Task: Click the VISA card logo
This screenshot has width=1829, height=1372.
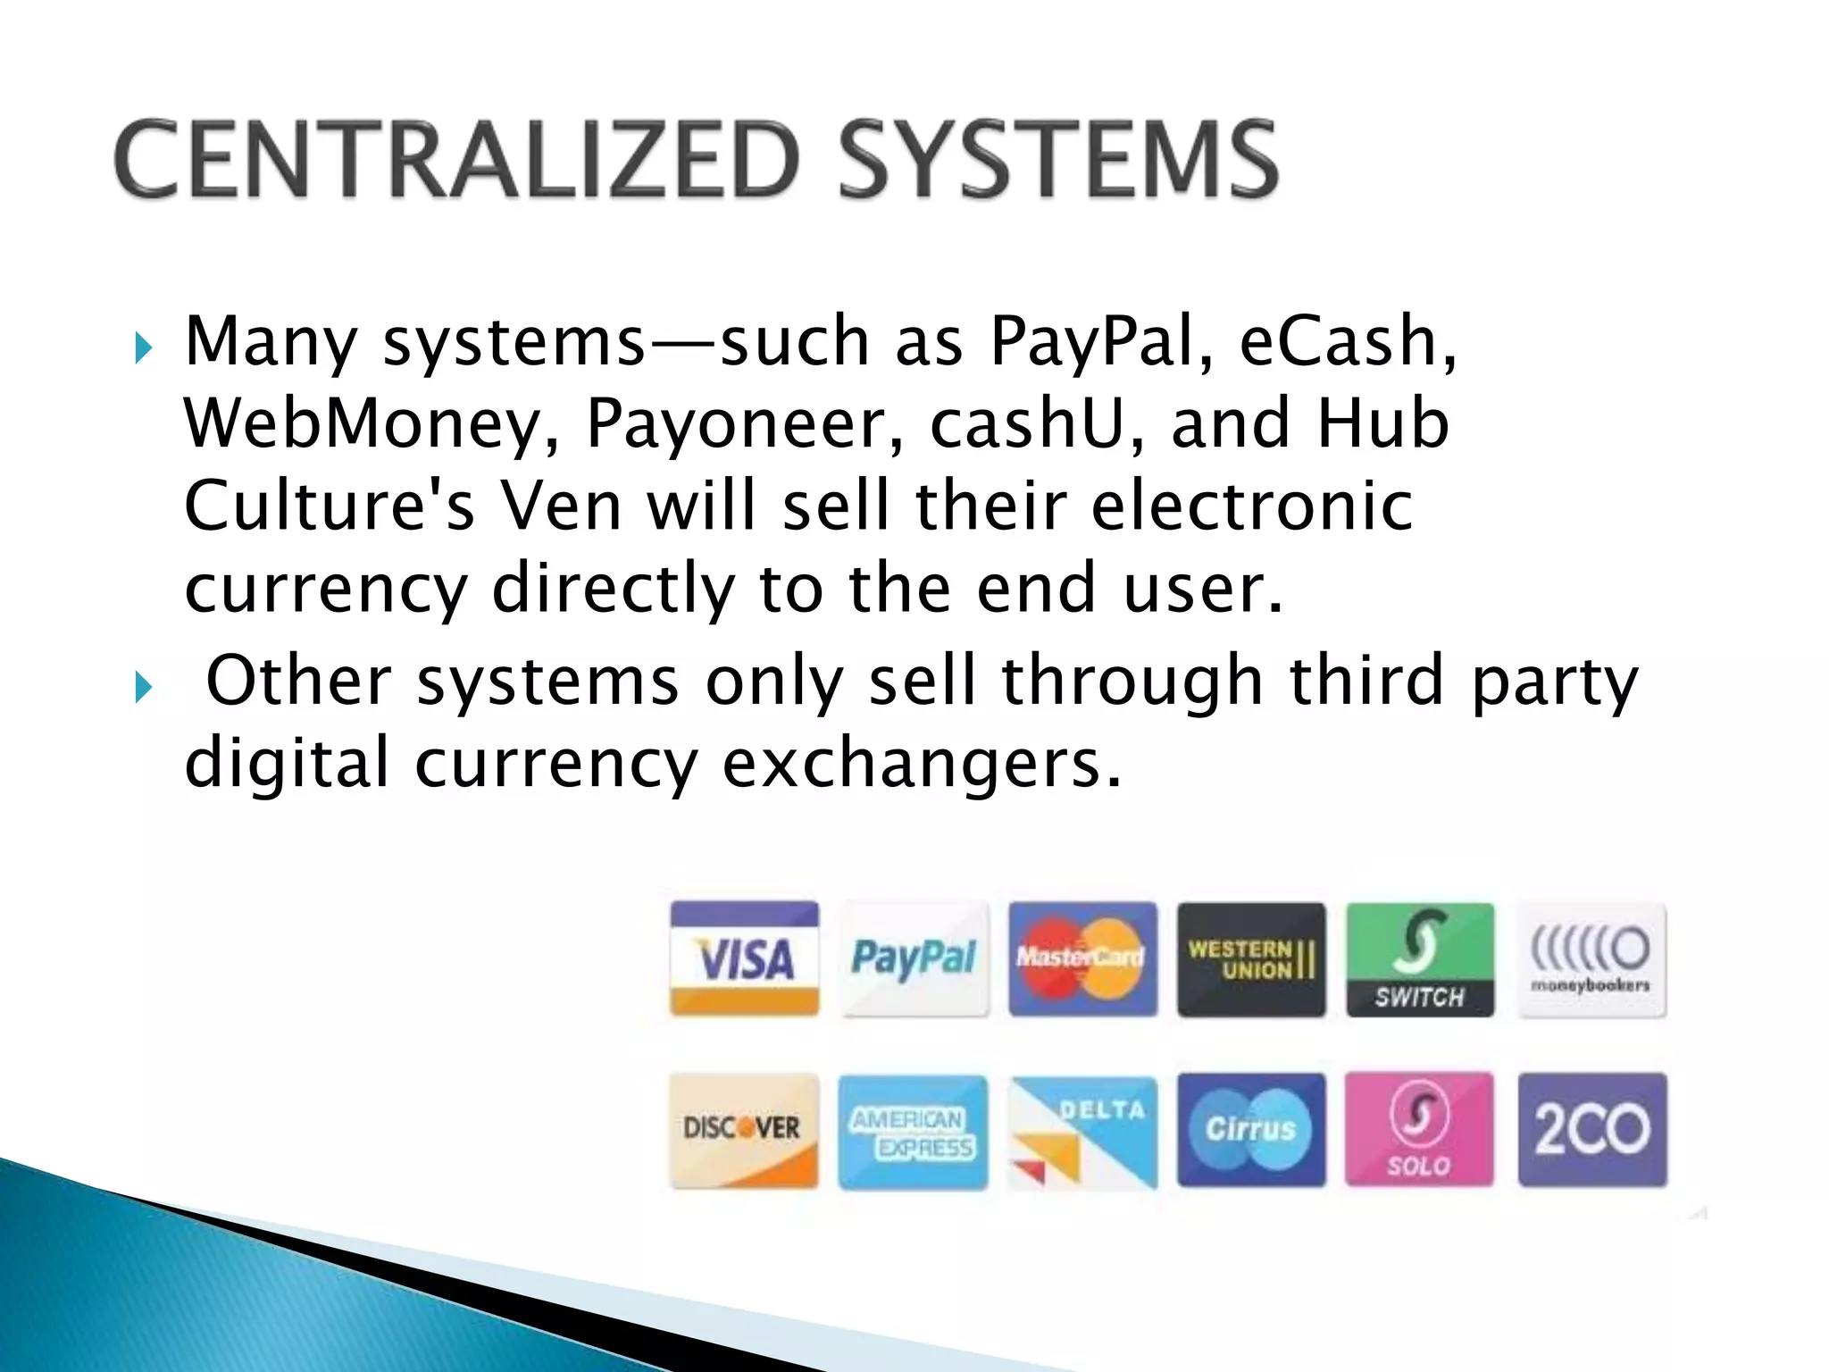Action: point(745,958)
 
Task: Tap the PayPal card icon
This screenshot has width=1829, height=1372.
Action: point(914,958)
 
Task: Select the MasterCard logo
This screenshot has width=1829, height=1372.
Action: point(1082,958)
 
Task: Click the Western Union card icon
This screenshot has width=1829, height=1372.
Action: point(1251,958)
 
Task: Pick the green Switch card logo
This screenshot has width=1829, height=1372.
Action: point(1420,958)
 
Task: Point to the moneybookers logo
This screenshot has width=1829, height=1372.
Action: point(1591,958)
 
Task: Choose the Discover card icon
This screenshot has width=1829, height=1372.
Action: point(743,1130)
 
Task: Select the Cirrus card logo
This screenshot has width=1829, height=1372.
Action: point(1251,1130)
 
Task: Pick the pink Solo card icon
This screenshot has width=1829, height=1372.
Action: point(1419,1130)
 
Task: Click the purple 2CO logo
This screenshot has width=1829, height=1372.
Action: point(1592,1130)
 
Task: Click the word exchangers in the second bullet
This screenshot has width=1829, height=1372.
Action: point(920,764)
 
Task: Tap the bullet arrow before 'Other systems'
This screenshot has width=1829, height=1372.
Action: point(143,687)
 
